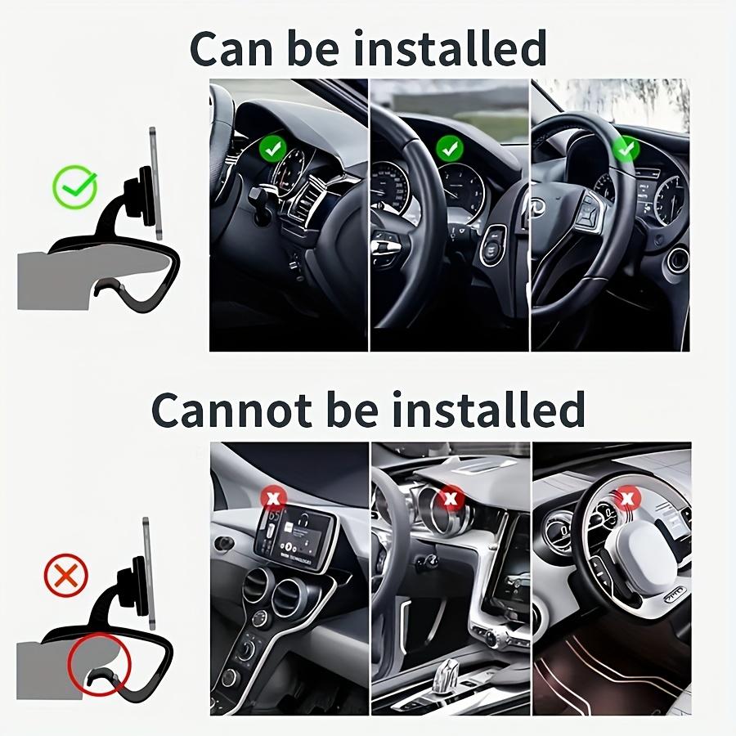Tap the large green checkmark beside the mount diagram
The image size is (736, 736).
click(x=74, y=186)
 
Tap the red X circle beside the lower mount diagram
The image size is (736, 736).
click(x=65, y=577)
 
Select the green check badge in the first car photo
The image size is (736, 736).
click(x=273, y=150)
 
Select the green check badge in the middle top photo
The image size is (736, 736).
click(x=449, y=148)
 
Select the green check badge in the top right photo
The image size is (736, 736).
click(x=626, y=149)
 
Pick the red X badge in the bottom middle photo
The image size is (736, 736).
click(x=451, y=496)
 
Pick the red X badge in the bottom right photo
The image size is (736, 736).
click(x=626, y=496)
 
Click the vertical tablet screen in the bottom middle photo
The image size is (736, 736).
click(x=512, y=563)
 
